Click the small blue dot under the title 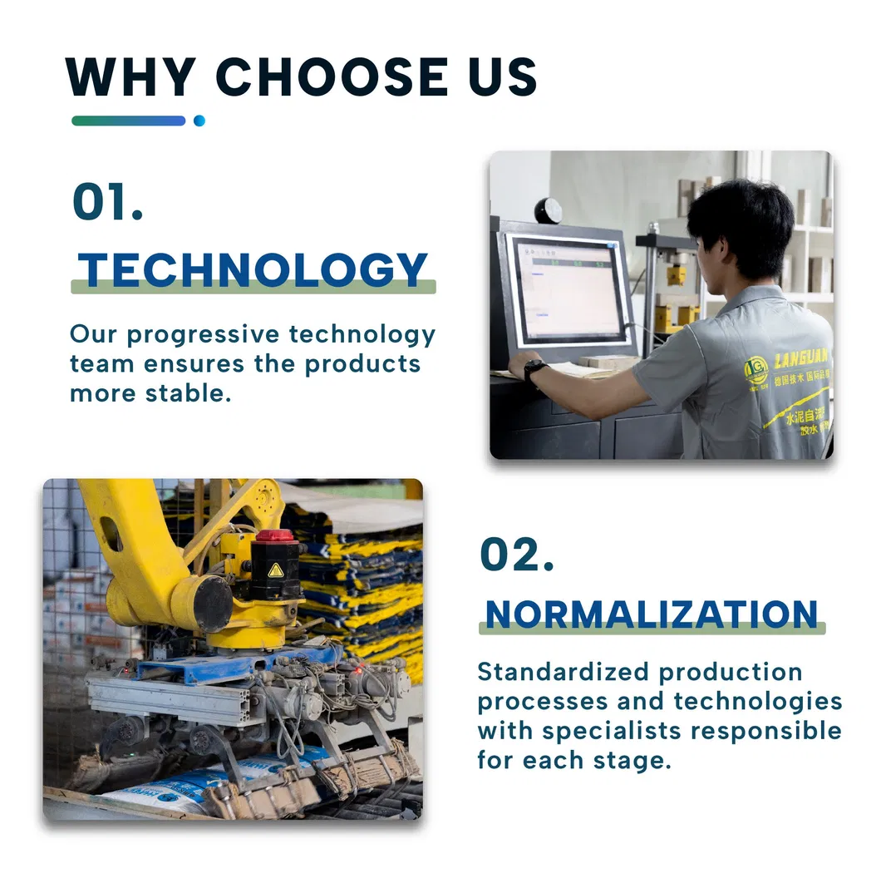[199, 121]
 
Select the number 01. [107, 202]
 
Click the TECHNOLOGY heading [253, 271]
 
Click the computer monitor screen [568, 290]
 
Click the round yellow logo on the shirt [755, 369]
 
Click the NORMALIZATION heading [652, 614]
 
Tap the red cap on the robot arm [275, 536]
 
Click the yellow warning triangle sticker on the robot [275, 570]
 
